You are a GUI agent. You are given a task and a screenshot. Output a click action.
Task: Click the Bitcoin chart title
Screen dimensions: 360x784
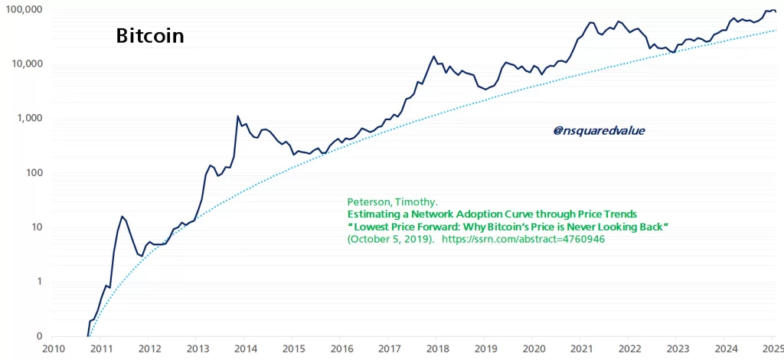click(x=149, y=36)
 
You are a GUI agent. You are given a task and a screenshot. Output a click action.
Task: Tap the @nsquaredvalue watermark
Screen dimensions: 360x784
click(x=599, y=130)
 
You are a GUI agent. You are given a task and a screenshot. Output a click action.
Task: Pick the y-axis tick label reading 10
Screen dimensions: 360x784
click(x=35, y=227)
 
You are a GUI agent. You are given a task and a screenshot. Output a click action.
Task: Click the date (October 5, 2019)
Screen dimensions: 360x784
click(x=390, y=240)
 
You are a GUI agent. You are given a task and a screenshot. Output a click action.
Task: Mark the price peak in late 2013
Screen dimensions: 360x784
click(x=238, y=116)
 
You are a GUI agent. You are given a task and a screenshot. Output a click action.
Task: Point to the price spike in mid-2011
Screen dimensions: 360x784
click(x=122, y=217)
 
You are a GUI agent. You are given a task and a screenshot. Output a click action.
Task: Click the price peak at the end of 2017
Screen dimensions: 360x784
click(x=434, y=56)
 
